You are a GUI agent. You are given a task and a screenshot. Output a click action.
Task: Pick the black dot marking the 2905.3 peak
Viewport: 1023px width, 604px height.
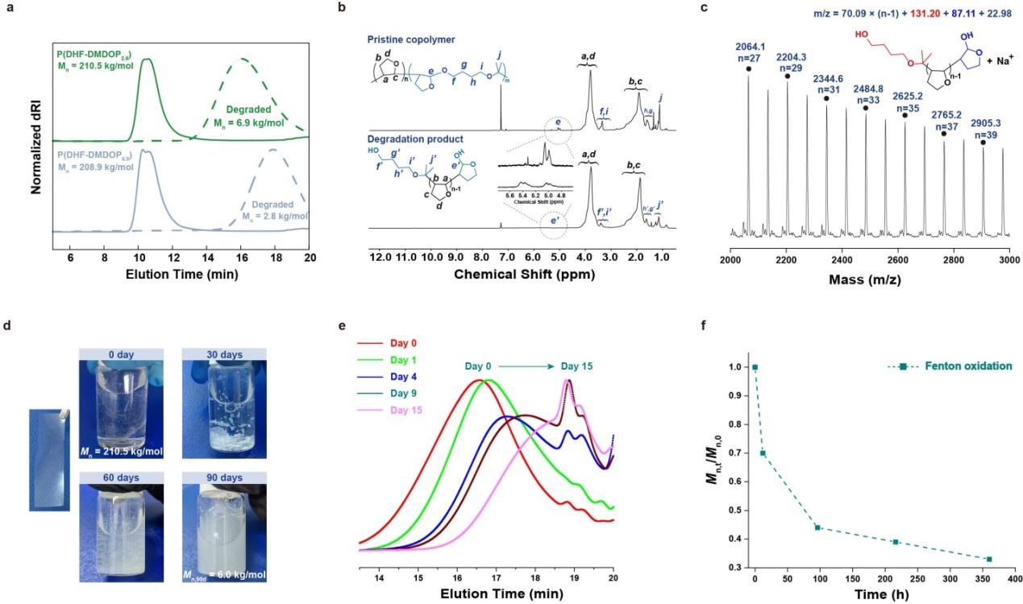pyautogui.click(x=983, y=142)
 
